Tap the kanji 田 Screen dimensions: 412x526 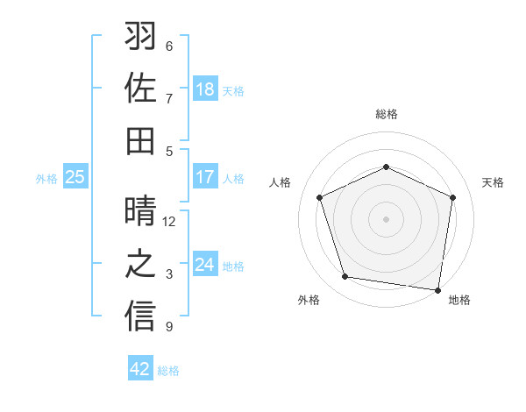click(x=141, y=140)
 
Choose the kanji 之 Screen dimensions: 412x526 click(x=141, y=264)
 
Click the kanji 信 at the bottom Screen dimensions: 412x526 click(x=141, y=316)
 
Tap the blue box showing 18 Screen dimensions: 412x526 click(x=205, y=89)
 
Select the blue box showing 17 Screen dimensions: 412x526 click(x=205, y=177)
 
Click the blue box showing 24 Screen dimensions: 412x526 click(x=205, y=265)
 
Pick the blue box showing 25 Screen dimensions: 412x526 click(x=75, y=177)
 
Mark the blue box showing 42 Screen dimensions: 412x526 click(x=140, y=369)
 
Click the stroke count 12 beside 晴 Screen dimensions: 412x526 click(x=170, y=222)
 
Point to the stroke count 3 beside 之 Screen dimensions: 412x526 click(x=170, y=274)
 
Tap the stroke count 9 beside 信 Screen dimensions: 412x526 click(x=170, y=327)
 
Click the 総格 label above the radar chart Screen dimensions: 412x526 click(x=387, y=114)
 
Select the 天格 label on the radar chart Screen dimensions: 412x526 click(x=493, y=182)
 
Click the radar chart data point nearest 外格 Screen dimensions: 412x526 click(x=345, y=277)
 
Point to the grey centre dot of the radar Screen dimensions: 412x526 click(x=387, y=219)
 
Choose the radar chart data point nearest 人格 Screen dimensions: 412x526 click(x=320, y=197)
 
